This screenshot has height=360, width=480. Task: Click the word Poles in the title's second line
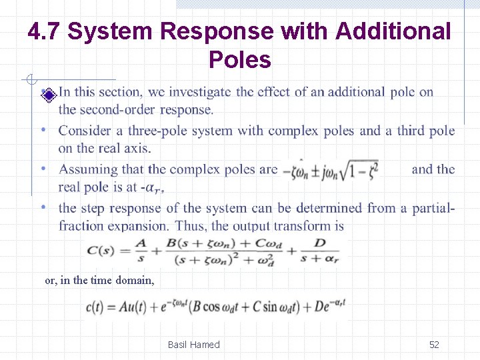(x=240, y=60)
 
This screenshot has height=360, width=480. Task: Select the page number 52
(x=434, y=345)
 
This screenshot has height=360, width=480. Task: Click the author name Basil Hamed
(x=193, y=345)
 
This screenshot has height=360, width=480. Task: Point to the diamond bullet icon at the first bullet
(x=47, y=95)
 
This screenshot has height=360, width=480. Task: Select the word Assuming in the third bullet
(x=86, y=169)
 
